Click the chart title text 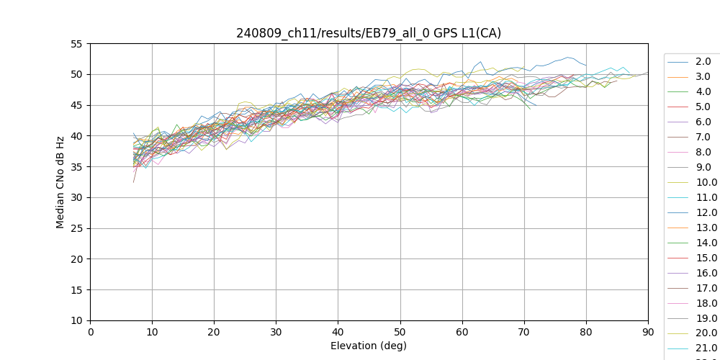coord(369,33)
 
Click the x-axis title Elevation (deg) coord(369,346)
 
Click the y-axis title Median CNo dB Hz coord(60,182)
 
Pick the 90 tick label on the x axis coord(648,332)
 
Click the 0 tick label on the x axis coord(91,332)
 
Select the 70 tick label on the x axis coord(524,332)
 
